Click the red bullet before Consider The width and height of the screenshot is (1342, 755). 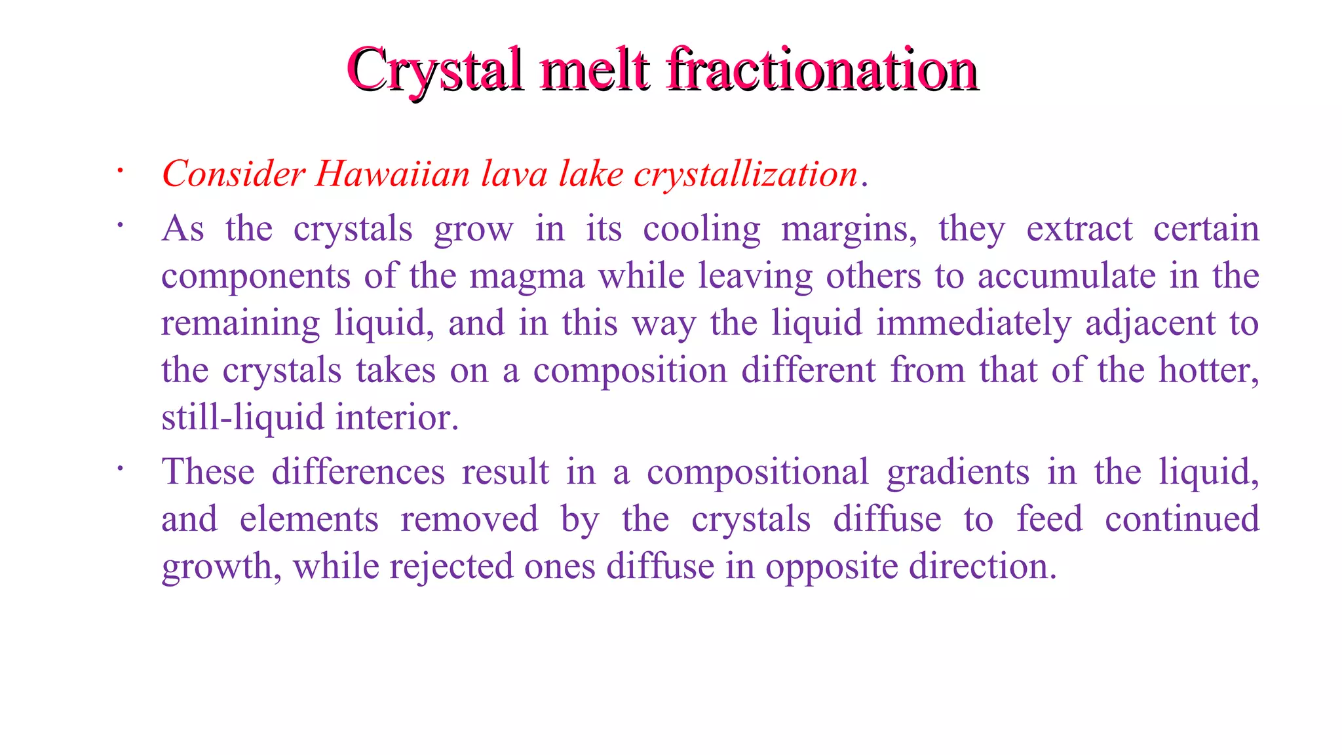120,172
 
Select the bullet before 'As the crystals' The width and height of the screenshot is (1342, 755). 120,226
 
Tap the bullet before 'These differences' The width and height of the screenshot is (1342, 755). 120,469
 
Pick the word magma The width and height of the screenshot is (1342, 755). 527,276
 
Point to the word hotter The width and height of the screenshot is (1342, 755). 1208,370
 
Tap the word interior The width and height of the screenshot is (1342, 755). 396,417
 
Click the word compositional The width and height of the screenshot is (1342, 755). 757,473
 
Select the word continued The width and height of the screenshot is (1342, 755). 1182,519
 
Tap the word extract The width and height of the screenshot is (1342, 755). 1079,229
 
